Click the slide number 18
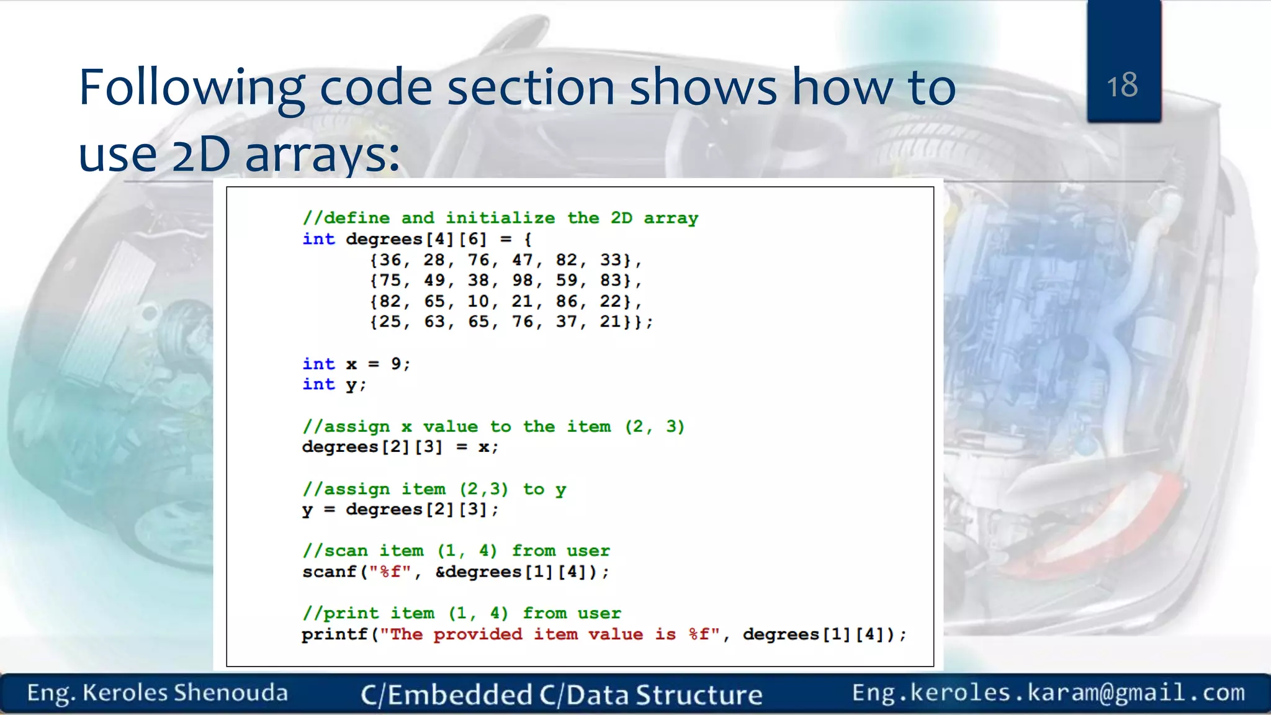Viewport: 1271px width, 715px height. [x=1122, y=85]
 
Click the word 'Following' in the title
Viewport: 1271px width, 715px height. [x=191, y=88]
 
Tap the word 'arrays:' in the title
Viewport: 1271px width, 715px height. [x=323, y=155]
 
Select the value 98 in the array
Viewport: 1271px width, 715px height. [x=522, y=281]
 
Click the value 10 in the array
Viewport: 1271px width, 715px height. [x=478, y=302]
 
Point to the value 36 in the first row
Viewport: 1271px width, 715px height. [x=390, y=260]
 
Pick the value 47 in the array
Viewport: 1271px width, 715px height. [x=522, y=260]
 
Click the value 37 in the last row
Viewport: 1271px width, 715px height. [x=566, y=322]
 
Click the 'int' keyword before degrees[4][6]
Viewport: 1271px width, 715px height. [x=318, y=239]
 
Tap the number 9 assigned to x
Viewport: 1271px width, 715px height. [x=396, y=364]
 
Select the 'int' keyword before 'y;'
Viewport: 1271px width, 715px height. [x=318, y=384]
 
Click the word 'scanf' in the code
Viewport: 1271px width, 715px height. [x=329, y=572]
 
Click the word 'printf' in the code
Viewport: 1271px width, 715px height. [x=335, y=634]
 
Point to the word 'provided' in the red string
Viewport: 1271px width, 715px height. [x=477, y=634]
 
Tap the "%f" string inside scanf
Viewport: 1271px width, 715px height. [x=390, y=572]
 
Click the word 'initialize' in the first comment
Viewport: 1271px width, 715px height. [x=500, y=218]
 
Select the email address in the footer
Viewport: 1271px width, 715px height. [x=1048, y=693]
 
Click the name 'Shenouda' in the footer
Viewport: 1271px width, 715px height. [x=230, y=693]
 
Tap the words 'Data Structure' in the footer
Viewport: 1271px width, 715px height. [x=664, y=695]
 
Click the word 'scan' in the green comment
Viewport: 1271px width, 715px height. [x=345, y=551]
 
